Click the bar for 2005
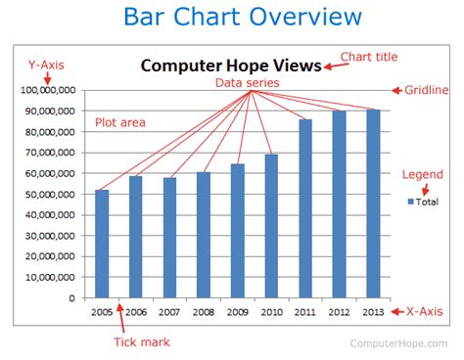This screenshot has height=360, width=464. (102, 244)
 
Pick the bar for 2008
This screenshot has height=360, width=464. (204, 235)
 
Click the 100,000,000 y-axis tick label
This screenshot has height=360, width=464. (48, 90)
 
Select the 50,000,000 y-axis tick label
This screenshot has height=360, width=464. (48, 194)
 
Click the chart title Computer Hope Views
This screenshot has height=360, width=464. (230, 66)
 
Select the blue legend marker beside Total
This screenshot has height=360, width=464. (411, 201)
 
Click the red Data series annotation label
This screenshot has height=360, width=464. (248, 84)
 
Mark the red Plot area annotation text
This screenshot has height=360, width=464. (120, 122)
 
